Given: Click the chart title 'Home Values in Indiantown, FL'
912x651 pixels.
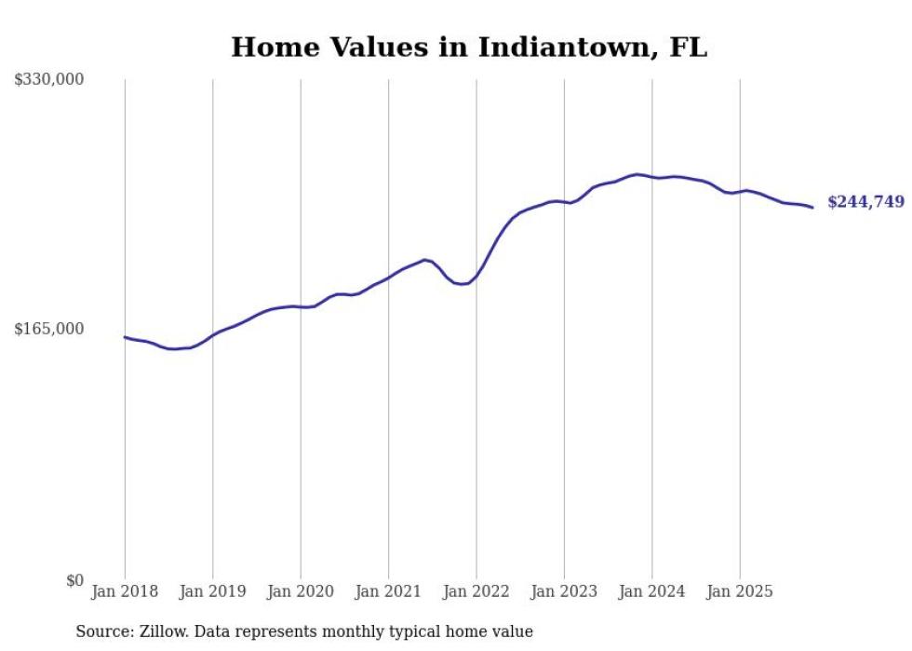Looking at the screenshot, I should [x=469, y=47].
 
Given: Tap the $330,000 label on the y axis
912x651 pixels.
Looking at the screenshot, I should [x=49, y=80].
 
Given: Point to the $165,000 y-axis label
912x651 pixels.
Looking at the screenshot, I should [x=49, y=329].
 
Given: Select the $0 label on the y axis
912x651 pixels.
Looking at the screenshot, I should [x=74, y=580].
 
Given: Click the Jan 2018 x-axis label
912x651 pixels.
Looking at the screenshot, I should [x=125, y=591].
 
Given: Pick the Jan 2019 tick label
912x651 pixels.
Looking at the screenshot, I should [x=213, y=591].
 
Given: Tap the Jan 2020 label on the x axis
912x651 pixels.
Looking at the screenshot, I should [x=301, y=591].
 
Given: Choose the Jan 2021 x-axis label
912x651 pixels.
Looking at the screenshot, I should [x=388, y=591].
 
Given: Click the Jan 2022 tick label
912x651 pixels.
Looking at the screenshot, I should [x=476, y=591].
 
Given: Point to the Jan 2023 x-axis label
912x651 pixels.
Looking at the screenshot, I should [x=564, y=591].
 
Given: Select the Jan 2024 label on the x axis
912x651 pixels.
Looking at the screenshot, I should [x=651, y=591].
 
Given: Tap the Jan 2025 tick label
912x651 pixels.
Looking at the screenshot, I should [x=740, y=591].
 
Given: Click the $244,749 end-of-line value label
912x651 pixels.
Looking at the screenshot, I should [x=865, y=202].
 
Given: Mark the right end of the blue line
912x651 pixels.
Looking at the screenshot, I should [x=812, y=207].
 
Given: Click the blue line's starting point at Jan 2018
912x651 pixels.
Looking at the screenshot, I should [x=125, y=337].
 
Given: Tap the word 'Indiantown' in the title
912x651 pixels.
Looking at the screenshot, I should [x=557, y=47].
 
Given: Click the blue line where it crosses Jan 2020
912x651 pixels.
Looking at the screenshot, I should [x=301, y=306].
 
